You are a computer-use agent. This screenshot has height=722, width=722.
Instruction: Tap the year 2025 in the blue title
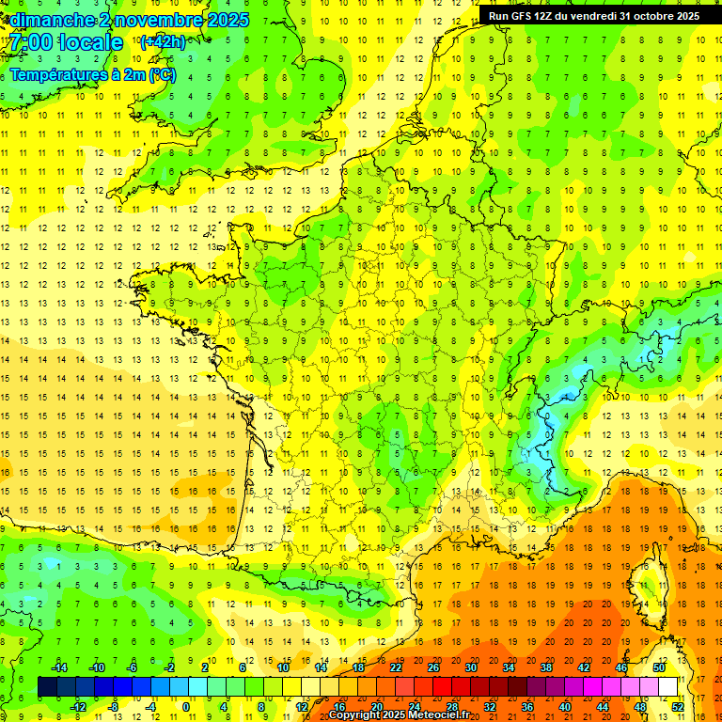point(228,20)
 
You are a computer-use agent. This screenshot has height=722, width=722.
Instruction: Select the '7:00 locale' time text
point(66,43)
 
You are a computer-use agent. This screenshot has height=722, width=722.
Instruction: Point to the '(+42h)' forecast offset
point(163,41)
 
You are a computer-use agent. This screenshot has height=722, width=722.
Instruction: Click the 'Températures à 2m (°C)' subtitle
point(92,75)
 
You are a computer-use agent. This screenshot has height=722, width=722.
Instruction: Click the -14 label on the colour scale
point(59,667)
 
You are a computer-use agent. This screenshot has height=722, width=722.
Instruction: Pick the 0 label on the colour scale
point(186,707)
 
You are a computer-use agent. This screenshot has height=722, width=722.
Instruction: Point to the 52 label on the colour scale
point(678,707)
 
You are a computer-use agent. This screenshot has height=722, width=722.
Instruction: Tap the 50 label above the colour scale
point(659,667)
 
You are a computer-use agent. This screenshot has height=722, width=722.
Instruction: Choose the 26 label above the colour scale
point(433,667)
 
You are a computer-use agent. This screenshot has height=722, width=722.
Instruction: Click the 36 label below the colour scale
point(527,707)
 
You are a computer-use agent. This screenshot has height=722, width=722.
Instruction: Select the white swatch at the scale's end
point(667,687)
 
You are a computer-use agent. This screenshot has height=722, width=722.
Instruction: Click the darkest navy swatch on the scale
point(47,687)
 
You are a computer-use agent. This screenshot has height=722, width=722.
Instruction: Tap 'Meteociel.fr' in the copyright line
point(442,715)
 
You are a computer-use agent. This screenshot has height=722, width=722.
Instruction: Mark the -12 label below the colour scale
point(78,707)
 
